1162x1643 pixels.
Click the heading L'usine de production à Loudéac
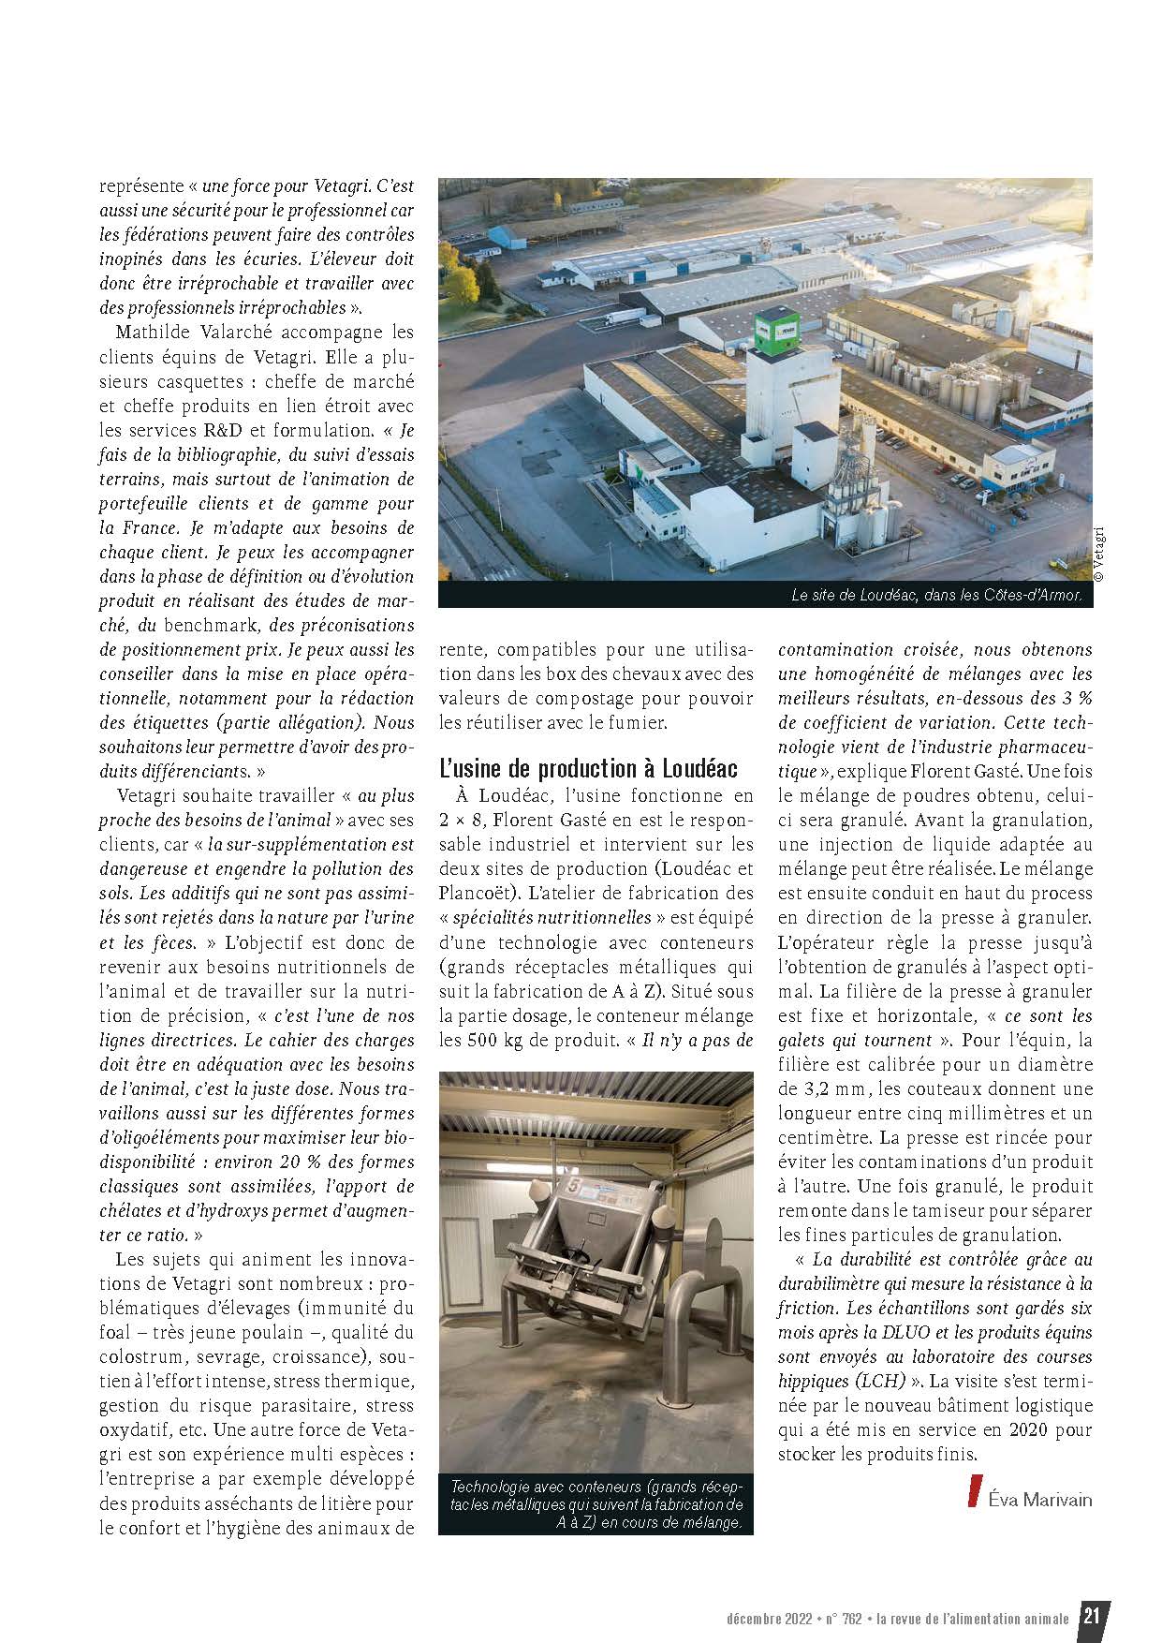[x=588, y=769]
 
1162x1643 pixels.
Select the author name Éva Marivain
[x=1039, y=1499]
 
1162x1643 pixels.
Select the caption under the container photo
[x=596, y=1505]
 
